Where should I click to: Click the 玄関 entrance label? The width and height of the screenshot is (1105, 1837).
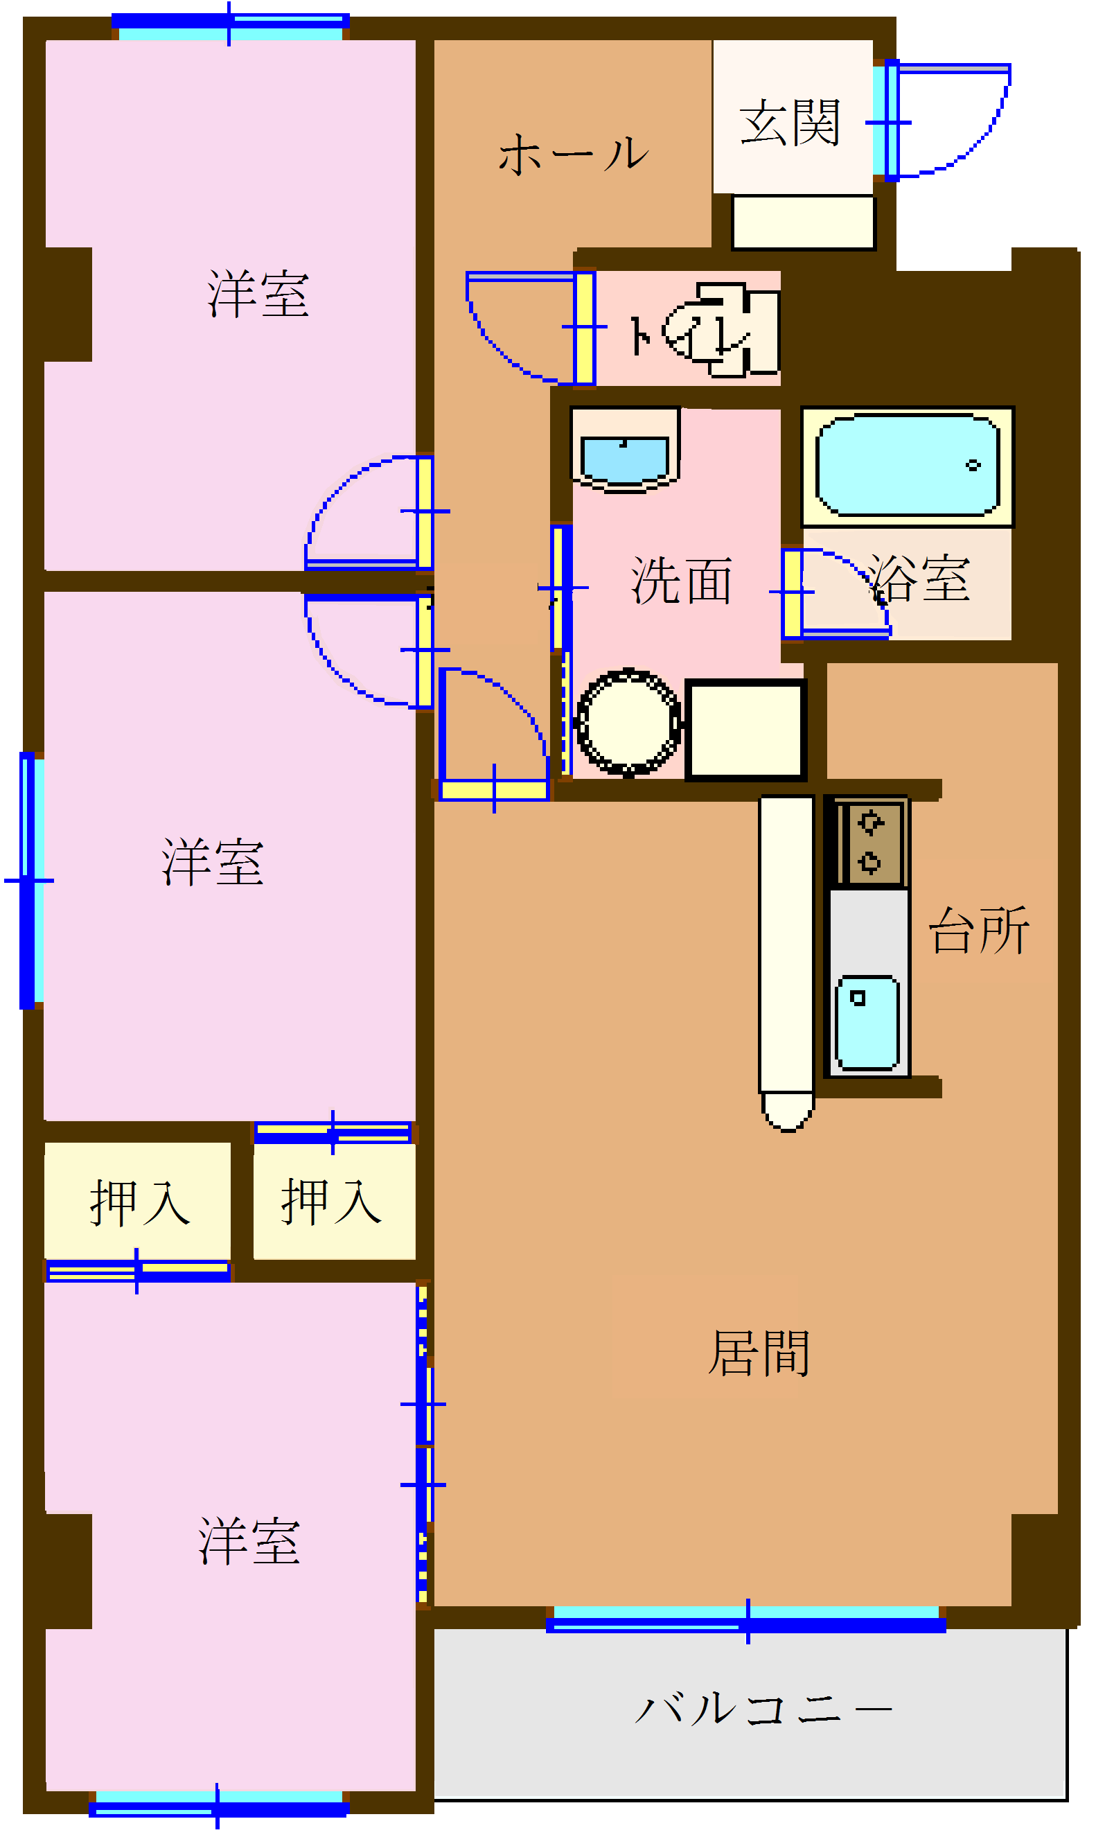tap(789, 123)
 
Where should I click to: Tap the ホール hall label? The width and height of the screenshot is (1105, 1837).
tap(573, 155)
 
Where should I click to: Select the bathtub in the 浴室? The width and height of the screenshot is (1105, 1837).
tap(908, 466)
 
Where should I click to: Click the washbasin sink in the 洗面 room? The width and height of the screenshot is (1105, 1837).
tap(624, 458)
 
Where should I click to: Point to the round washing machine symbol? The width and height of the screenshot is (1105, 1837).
tap(628, 722)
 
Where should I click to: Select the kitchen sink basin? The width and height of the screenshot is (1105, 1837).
tap(867, 1023)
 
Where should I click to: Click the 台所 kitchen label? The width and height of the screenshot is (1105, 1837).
tap(978, 931)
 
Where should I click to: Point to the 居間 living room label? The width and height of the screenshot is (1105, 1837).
tap(759, 1353)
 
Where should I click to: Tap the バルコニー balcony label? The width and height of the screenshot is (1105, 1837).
tap(763, 1708)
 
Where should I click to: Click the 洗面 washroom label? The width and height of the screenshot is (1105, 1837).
tap(681, 581)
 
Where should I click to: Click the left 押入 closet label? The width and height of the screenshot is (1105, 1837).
tap(139, 1202)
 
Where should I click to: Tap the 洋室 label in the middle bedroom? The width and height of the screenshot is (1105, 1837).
tap(212, 862)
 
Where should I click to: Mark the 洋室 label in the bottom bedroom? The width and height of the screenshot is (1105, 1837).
tap(249, 1542)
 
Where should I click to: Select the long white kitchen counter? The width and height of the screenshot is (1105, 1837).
tap(786, 946)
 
